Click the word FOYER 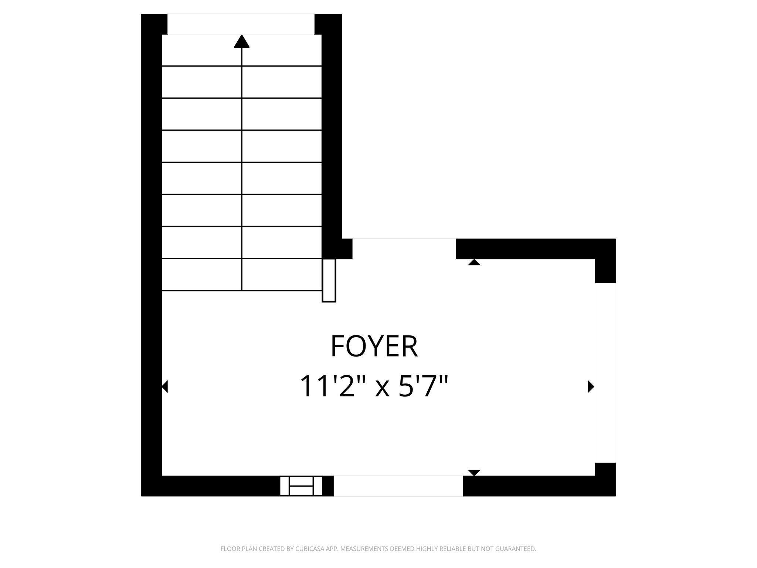[x=374, y=346]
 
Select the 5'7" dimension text [x=424, y=386]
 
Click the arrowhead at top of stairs [x=242, y=41]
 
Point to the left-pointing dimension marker [x=165, y=386]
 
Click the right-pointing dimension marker [x=591, y=386]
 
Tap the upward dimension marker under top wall [x=474, y=262]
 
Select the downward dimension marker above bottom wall [x=474, y=473]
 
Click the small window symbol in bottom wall [x=301, y=486]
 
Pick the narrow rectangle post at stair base [x=329, y=280]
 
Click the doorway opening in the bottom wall [x=398, y=486]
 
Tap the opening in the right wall [x=605, y=373]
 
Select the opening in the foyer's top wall [x=404, y=249]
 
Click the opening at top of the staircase [x=241, y=24]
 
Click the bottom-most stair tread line [x=242, y=291]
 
